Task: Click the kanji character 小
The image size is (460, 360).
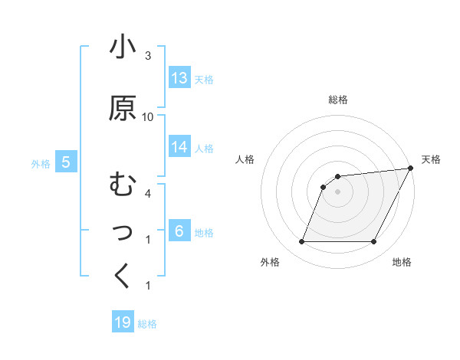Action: (x=123, y=47)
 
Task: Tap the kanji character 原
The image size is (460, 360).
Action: (x=123, y=108)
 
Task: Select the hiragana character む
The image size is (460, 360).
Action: (x=123, y=185)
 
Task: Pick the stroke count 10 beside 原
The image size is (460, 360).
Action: (x=148, y=116)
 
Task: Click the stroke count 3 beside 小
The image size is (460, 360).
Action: (x=148, y=55)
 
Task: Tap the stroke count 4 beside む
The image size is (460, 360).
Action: (x=148, y=193)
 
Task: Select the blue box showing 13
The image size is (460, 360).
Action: (x=179, y=78)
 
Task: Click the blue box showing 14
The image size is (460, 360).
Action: (x=179, y=147)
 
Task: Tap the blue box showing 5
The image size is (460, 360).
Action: (x=66, y=162)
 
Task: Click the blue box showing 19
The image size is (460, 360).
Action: (x=123, y=322)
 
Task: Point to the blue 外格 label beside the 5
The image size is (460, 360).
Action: (x=41, y=163)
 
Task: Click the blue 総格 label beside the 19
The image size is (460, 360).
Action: (x=147, y=324)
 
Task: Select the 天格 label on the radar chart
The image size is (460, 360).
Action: (x=431, y=159)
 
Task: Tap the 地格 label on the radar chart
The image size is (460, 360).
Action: (x=402, y=263)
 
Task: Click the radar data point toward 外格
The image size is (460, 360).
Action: (x=301, y=242)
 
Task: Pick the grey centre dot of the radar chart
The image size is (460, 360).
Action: (x=337, y=191)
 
